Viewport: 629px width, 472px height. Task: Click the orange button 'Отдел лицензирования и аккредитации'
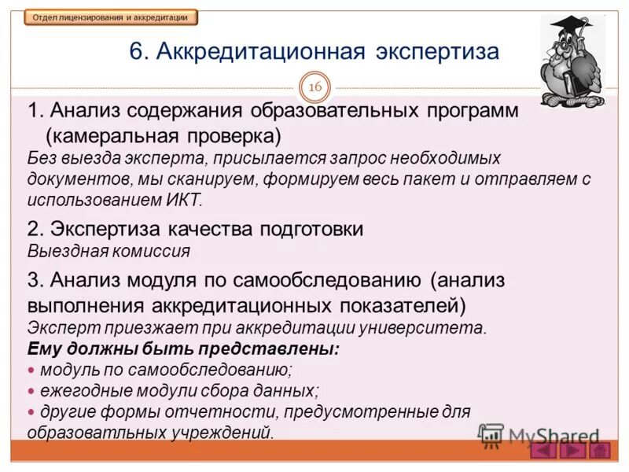tap(110, 17)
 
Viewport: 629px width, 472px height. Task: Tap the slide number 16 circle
tap(314, 87)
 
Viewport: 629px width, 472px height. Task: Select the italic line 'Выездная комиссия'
tap(109, 251)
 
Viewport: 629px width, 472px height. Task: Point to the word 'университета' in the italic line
tap(441, 327)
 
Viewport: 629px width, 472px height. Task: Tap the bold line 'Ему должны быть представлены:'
tap(183, 348)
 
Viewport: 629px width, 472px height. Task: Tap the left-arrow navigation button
tap(543, 451)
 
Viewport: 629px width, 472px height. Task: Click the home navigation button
tap(599, 451)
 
